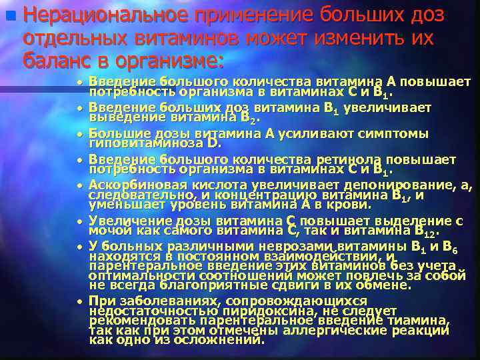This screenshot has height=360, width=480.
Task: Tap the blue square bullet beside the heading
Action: tap(8, 13)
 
